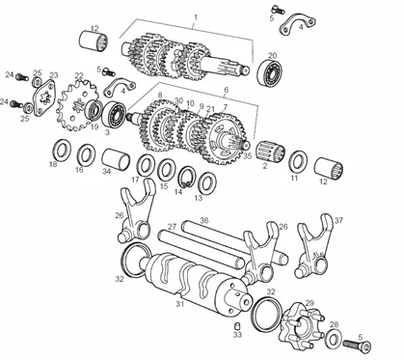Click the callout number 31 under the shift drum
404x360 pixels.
(179, 303)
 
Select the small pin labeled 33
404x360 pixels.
(238, 325)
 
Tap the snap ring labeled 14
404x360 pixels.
(187, 177)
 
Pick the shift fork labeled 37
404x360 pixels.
(314, 246)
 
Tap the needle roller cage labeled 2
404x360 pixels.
(271, 152)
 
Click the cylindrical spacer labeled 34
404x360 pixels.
(116, 159)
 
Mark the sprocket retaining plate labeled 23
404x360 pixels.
(44, 98)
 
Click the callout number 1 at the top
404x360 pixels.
(196, 17)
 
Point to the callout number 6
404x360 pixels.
(227, 90)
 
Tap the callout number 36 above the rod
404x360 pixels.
(204, 220)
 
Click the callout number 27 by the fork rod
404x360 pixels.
(173, 227)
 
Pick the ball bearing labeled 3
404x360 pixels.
(114, 114)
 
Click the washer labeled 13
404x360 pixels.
(207, 182)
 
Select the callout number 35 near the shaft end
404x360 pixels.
(247, 156)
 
